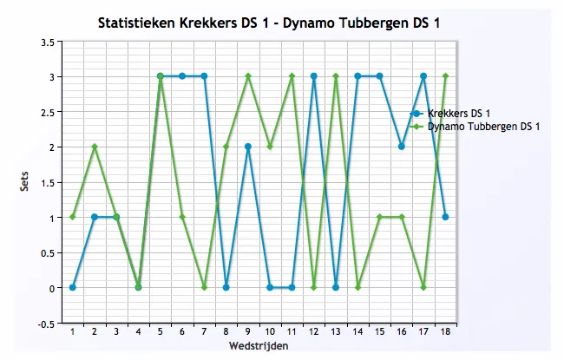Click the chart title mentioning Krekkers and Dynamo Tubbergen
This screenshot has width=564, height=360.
269,22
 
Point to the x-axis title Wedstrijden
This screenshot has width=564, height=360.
258,346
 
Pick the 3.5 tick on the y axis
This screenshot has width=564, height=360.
49,42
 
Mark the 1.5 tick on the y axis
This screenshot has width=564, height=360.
49,182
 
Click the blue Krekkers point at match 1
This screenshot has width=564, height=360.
73,287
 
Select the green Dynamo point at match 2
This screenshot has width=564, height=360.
95,147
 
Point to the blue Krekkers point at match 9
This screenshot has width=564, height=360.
248,147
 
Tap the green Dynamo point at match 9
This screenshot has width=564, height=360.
248,76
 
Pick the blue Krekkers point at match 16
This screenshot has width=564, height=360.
401,147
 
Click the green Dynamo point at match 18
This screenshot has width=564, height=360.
445,76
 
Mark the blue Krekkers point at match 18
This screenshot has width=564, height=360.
445,217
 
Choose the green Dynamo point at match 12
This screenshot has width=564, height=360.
313,287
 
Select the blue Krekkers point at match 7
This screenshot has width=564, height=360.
204,76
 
